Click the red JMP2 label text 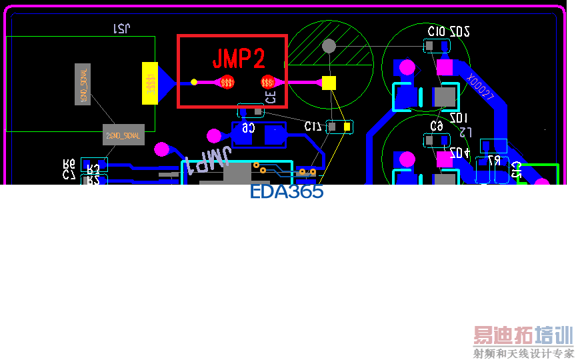(239, 59)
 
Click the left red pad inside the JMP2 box (227, 83)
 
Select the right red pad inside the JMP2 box (268, 83)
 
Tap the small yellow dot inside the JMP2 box (194, 82)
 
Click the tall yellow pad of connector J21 (150, 83)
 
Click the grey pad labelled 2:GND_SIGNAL (123, 135)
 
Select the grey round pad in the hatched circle (329, 46)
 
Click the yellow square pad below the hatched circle (329, 83)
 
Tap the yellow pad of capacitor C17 (346, 127)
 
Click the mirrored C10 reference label (437, 31)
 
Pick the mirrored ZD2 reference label (460, 31)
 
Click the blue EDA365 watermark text (287, 192)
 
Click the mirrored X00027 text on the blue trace (480, 87)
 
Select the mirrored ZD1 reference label (459, 118)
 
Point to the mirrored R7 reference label (494, 161)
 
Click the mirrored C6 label (247, 127)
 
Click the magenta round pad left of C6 (214, 136)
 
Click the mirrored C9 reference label (437, 126)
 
